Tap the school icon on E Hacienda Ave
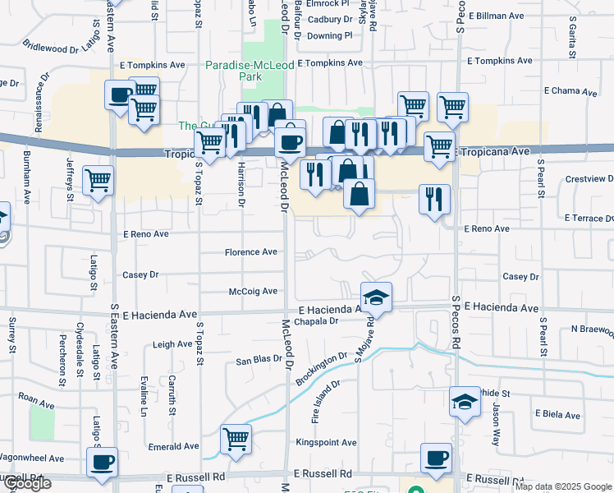point(376,297)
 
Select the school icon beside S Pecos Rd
point(465,403)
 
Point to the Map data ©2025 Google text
point(563,486)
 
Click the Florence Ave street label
point(251,252)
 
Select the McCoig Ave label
point(253,291)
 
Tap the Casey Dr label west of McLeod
point(140,274)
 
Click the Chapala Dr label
point(317,321)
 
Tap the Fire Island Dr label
point(325,402)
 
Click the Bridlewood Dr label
point(50,48)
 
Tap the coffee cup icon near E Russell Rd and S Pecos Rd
point(435,458)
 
